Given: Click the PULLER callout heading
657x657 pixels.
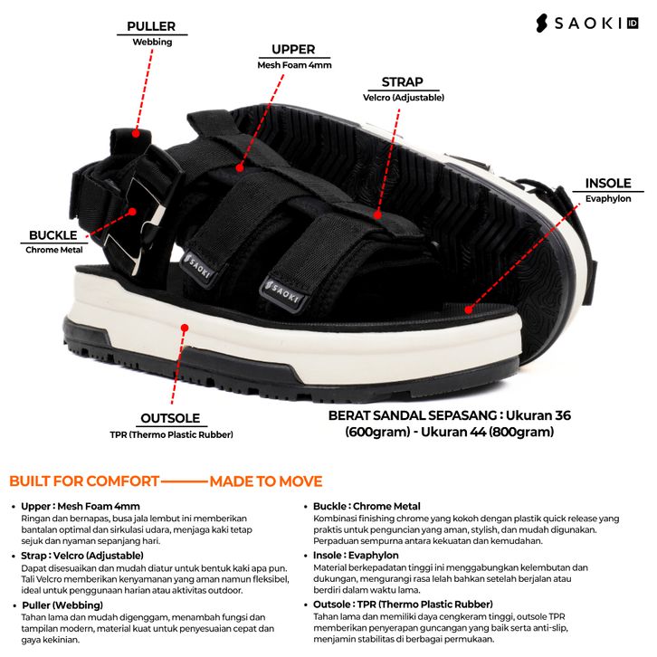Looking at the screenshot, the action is [151, 26].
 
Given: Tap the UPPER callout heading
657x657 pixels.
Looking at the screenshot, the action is [293, 49].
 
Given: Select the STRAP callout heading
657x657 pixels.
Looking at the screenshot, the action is [402, 81].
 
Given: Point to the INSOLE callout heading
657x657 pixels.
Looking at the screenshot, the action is [607, 183].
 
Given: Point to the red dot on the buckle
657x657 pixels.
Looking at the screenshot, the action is [132, 212].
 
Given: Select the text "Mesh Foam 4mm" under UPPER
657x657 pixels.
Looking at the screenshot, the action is [293, 65].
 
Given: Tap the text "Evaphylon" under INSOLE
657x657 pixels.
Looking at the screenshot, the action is [607, 198].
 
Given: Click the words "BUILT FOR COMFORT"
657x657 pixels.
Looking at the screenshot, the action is [84, 481].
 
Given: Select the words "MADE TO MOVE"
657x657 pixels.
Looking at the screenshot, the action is [265, 481].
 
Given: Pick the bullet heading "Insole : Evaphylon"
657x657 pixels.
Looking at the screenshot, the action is [356, 555].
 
